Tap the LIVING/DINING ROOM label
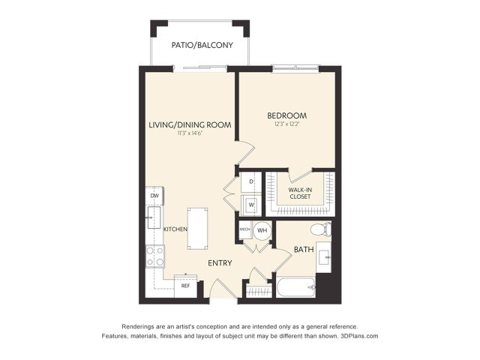point(188,124)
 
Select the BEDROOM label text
point(287,115)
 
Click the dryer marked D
point(251,182)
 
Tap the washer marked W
point(251,204)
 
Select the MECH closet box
point(244,229)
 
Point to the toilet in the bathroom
point(319,229)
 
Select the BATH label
point(304,249)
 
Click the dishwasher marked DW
point(153,196)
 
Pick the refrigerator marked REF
point(184,286)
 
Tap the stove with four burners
point(155,256)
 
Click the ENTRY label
point(220,262)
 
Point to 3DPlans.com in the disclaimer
point(358,336)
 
